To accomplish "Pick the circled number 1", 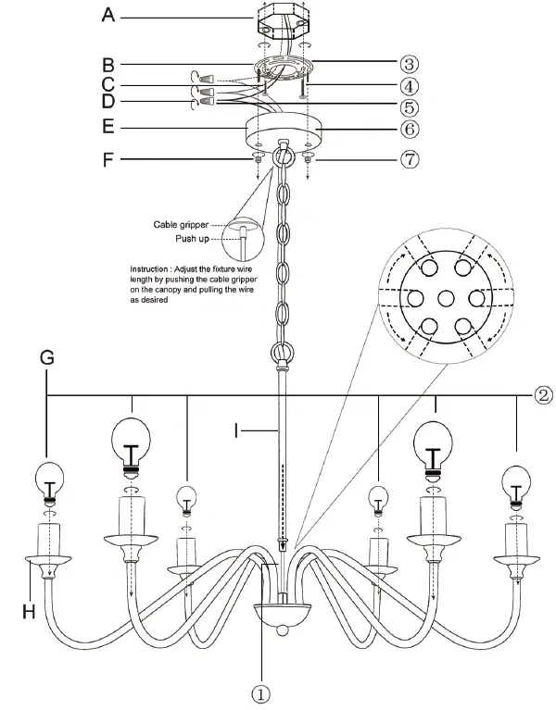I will pyautogui.click(x=262, y=691).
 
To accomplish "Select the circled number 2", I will pyautogui.click(x=544, y=396).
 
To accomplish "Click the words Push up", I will pyautogui.click(x=193, y=239).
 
